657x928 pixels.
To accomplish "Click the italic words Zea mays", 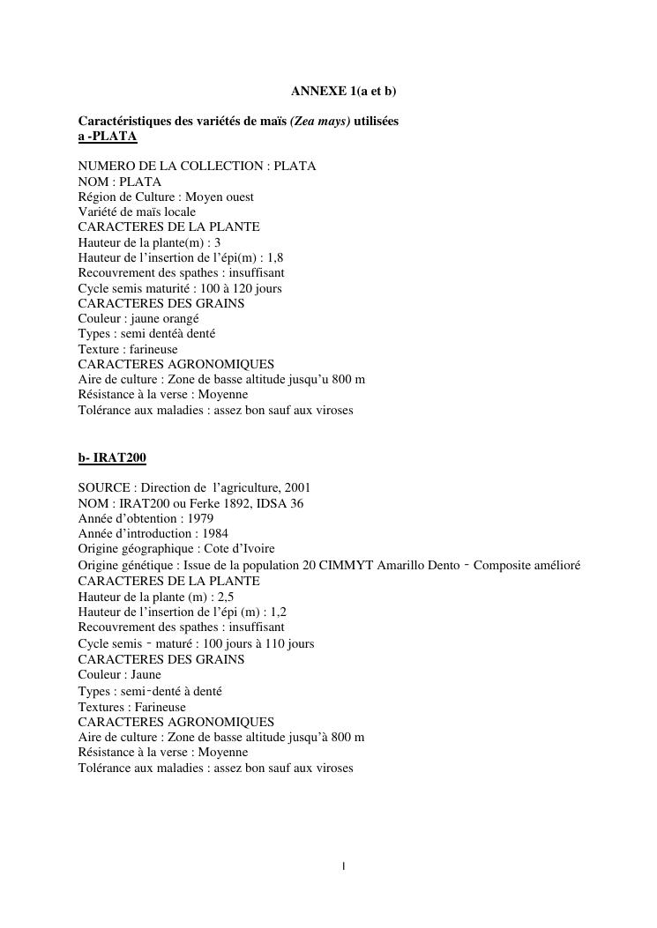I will [320, 121].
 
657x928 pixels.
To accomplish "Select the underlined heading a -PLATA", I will [108, 137].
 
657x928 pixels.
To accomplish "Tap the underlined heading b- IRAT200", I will [112, 457].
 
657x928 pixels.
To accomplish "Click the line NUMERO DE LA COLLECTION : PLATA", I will [197, 167].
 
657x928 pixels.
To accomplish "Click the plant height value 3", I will [218, 242].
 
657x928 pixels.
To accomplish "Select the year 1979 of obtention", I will [200, 518].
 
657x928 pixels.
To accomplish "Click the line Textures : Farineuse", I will [132, 707].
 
